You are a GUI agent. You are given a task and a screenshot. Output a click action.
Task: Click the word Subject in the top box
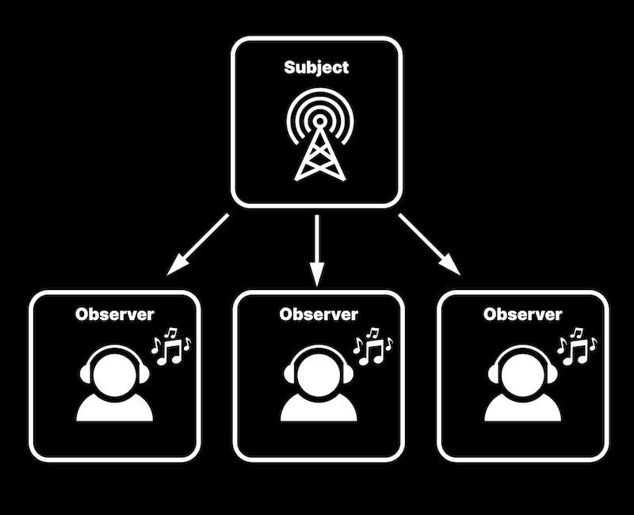(x=316, y=67)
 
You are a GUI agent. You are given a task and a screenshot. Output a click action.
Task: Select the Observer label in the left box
(x=115, y=315)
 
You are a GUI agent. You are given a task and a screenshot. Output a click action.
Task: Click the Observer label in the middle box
(x=319, y=315)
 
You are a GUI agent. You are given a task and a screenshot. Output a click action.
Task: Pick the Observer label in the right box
(x=522, y=315)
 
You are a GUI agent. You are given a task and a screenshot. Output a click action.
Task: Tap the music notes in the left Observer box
(x=171, y=346)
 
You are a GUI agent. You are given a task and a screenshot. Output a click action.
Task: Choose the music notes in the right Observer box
(x=577, y=346)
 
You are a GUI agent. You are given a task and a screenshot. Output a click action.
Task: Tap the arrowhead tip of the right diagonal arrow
(x=460, y=274)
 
